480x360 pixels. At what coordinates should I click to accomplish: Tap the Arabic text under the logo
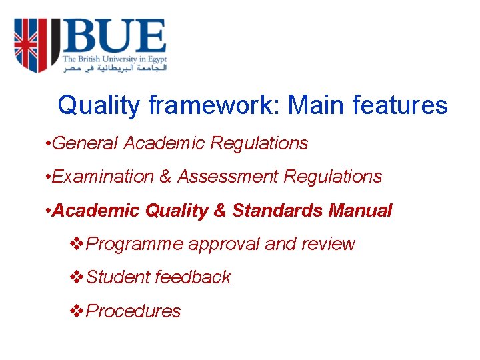click(x=115, y=67)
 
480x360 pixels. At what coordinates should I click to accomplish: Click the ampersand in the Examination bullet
click(x=165, y=177)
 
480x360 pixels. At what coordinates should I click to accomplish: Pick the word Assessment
click(x=226, y=177)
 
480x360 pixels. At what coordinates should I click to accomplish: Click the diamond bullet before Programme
click(x=77, y=244)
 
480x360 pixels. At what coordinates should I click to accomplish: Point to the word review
click(x=328, y=244)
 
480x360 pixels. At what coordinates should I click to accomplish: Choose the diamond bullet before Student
click(x=77, y=277)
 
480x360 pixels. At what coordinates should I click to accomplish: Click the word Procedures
click(x=134, y=311)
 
